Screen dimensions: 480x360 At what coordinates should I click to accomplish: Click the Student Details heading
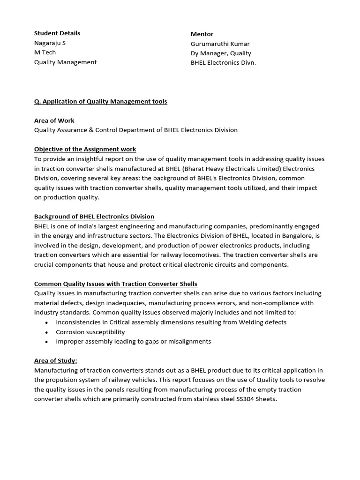[57, 33]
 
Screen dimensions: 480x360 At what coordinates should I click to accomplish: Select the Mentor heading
[202, 34]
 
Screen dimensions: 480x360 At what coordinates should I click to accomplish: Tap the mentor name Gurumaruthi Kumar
[221, 43]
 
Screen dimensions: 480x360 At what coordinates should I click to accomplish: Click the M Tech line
[45, 52]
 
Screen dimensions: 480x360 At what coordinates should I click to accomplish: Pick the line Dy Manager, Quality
[221, 53]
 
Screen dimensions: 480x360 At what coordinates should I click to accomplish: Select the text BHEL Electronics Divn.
[223, 62]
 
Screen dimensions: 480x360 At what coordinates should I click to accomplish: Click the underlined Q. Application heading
[100, 101]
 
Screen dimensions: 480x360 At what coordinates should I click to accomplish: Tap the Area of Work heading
[54, 120]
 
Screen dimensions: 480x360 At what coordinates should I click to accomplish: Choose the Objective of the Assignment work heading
[85, 149]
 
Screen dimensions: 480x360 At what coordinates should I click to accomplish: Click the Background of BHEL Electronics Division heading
[94, 216]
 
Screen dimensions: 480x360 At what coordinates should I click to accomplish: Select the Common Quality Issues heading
[116, 284]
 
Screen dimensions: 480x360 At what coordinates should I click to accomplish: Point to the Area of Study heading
[56, 360]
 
